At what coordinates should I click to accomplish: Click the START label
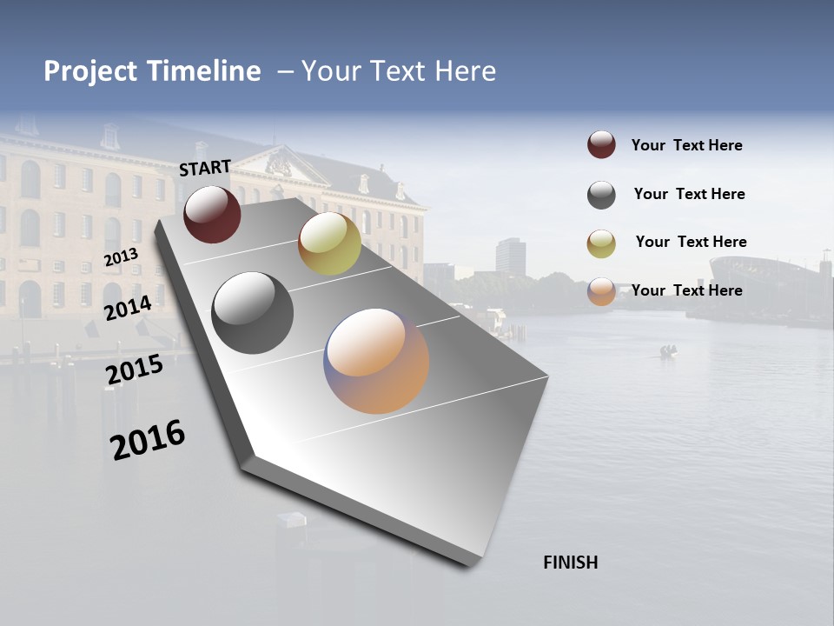pyautogui.click(x=205, y=168)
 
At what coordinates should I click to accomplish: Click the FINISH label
pyautogui.click(x=570, y=563)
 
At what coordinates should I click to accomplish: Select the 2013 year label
pyautogui.click(x=121, y=257)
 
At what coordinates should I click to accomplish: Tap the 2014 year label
pyautogui.click(x=128, y=308)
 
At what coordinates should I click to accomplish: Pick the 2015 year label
pyautogui.click(x=134, y=370)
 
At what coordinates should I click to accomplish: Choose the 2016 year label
pyautogui.click(x=148, y=439)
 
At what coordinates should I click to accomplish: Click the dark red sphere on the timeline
pyautogui.click(x=212, y=215)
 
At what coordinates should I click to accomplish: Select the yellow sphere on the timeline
pyautogui.click(x=329, y=243)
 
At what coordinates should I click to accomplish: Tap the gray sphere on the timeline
pyautogui.click(x=252, y=313)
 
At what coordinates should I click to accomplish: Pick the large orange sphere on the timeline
pyautogui.click(x=376, y=361)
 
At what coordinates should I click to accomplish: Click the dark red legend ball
pyautogui.click(x=601, y=145)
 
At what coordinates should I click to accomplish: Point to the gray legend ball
pyautogui.click(x=601, y=195)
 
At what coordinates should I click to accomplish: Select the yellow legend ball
pyautogui.click(x=601, y=243)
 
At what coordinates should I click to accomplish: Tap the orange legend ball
pyautogui.click(x=601, y=291)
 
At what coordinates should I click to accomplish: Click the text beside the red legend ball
pyautogui.click(x=686, y=145)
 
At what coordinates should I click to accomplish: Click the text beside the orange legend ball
pyautogui.click(x=686, y=290)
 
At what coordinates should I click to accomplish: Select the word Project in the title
pyautogui.click(x=89, y=71)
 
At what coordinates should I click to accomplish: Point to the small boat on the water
pyautogui.click(x=667, y=351)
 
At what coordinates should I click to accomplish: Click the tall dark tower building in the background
pyautogui.click(x=511, y=257)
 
